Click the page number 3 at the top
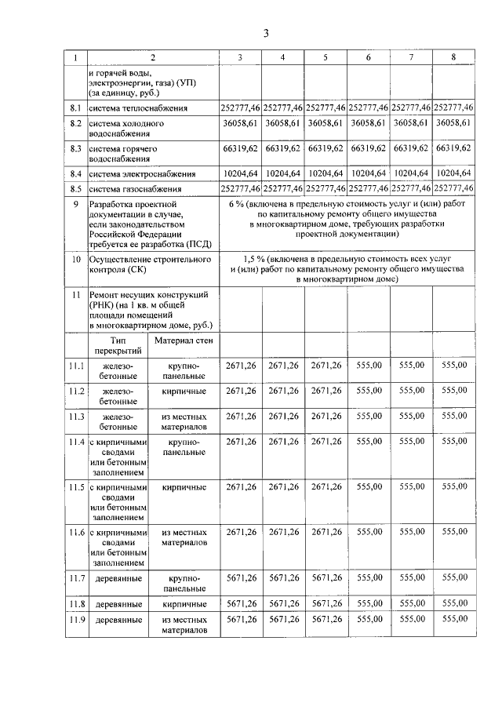[266, 33]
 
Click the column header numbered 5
[325, 58]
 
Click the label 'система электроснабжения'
[142, 173]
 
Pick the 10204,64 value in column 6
[368, 173]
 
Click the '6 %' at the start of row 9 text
[238, 203]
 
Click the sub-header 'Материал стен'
[184, 340]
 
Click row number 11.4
[76, 442]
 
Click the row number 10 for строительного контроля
[76, 258]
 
